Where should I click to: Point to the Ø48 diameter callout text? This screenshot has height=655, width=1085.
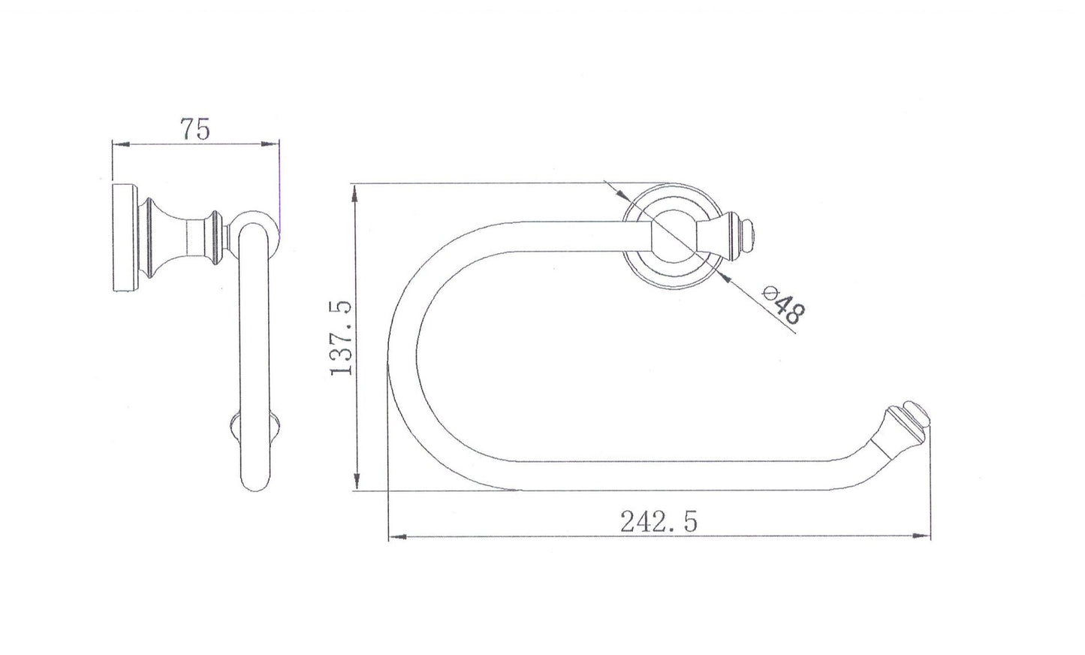pyautogui.click(x=784, y=305)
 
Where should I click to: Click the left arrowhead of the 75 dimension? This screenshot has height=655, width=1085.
pyautogui.click(x=121, y=144)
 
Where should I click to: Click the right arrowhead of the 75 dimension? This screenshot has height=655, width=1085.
pyautogui.click(x=270, y=143)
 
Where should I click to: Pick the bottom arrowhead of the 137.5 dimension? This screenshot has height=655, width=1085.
pyautogui.click(x=357, y=480)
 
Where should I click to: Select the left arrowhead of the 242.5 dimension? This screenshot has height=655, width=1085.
pyautogui.click(x=398, y=537)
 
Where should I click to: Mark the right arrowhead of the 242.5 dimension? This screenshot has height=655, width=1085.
pyautogui.click(x=921, y=536)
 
